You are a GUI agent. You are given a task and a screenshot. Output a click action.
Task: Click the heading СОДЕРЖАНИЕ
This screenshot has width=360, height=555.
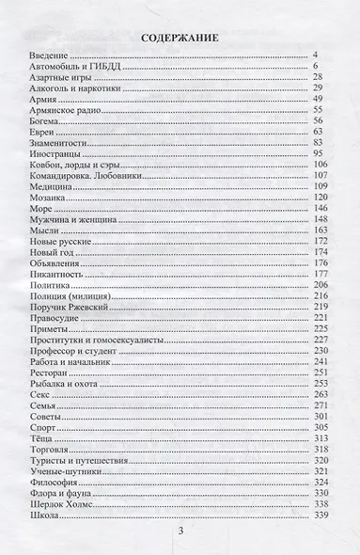(180, 39)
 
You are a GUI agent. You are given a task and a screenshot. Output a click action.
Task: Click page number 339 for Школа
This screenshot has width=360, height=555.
(320, 517)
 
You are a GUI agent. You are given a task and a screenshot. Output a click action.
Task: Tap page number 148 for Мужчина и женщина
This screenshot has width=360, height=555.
(320, 218)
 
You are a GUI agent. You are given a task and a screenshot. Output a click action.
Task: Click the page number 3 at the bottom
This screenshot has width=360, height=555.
(180, 533)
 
